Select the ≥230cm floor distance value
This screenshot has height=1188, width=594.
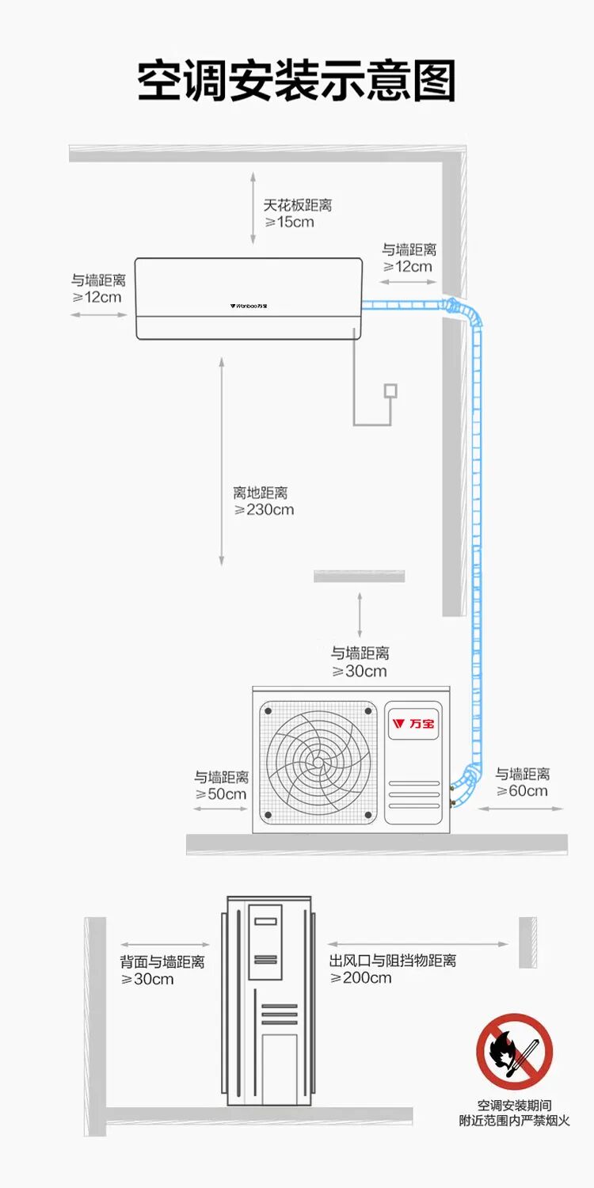click(265, 510)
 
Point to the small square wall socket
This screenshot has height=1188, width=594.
click(390, 390)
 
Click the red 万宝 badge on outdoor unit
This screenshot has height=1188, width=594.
click(413, 723)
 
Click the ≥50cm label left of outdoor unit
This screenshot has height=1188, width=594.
click(221, 794)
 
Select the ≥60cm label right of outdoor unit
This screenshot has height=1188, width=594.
click(522, 791)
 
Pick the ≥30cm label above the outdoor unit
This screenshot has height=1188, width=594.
click(360, 672)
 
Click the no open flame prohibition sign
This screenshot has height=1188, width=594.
click(514, 1052)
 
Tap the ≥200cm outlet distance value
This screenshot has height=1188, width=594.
click(360, 978)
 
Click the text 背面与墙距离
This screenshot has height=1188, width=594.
click(162, 962)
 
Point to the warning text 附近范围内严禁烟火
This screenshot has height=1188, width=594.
click(514, 1121)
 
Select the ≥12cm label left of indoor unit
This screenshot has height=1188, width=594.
click(97, 297)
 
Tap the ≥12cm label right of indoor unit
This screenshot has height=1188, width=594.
click(408, 267)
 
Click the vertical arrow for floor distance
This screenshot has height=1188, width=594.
click(222, 461)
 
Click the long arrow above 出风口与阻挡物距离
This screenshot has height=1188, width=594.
click(417, 944)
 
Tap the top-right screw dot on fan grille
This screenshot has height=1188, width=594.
click(367, 710)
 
